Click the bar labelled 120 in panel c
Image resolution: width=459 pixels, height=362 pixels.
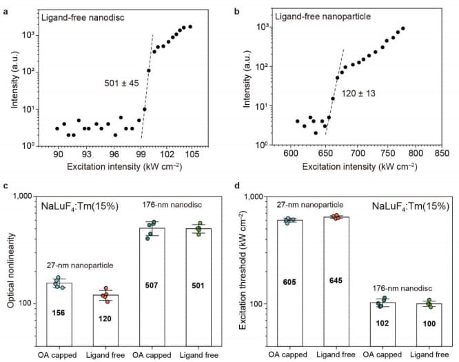click(x=105, y=323)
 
